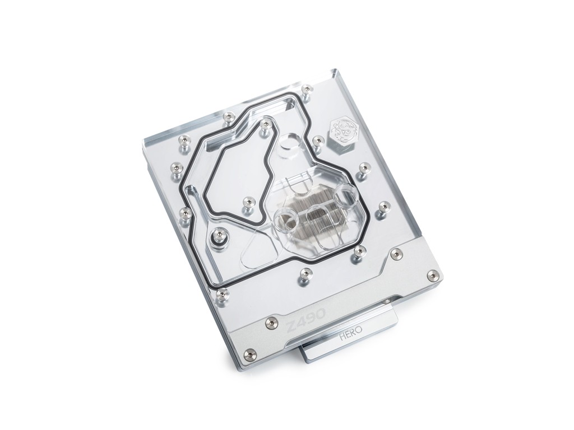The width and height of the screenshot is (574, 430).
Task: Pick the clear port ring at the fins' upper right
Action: tap(345, 193)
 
